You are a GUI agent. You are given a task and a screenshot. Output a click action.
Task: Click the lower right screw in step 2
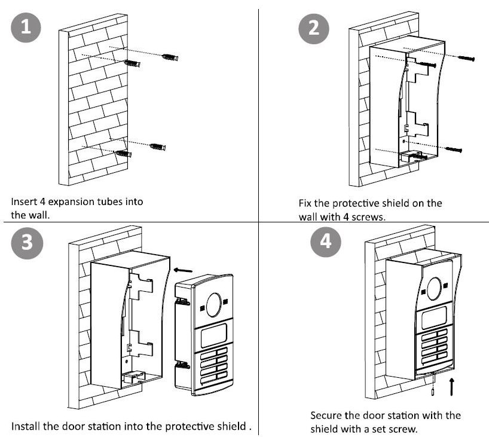click(454, 149)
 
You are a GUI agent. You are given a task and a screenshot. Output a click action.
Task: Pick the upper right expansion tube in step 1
click(170, 57)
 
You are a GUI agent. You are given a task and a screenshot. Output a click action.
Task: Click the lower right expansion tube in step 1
click(158, 146)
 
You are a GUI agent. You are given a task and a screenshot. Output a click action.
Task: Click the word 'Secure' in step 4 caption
click(325, 415)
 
